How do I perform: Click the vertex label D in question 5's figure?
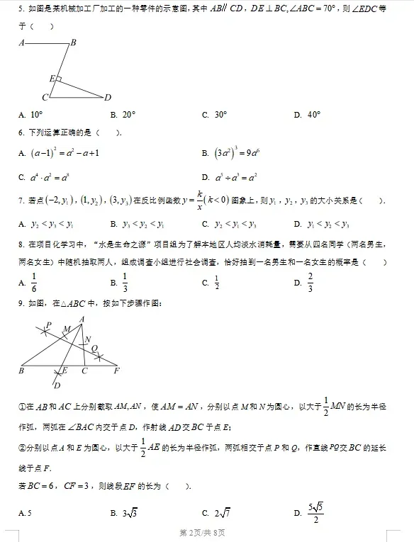point(108,97)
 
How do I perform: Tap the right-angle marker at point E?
point(59,79)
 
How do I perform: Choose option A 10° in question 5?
point(36,114)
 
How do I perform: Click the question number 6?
point(21,132)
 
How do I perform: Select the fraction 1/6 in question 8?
point(33,282)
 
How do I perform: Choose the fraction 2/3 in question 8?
point(310,282)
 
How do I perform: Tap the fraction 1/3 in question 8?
point(125,282)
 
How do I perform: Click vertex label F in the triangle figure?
point(116,370)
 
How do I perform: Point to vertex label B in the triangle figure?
point(21,370)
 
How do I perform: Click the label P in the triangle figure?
point(48,325)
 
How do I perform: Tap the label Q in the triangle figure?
point(95,347)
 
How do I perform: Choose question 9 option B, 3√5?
point(130,513)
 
